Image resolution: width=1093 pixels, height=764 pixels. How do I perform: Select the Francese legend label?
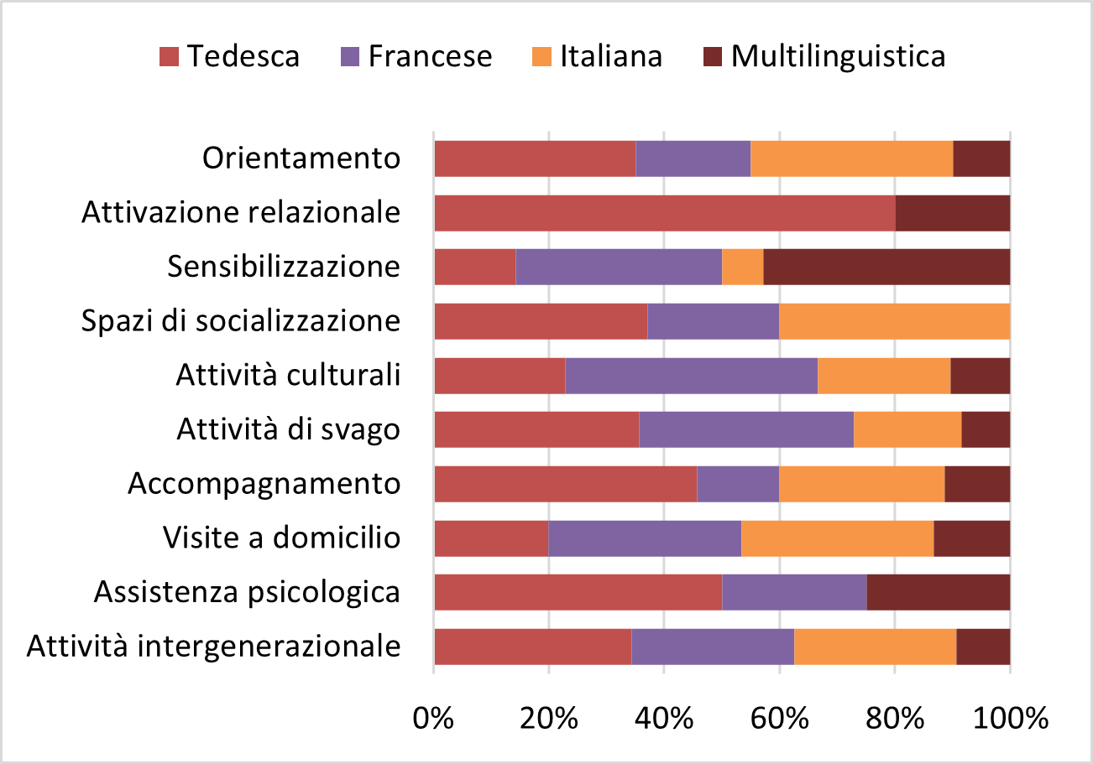[430, 56]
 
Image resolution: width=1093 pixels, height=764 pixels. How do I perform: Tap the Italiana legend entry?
[611, 56]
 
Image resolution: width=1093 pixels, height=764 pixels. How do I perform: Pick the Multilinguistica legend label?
[838, 56]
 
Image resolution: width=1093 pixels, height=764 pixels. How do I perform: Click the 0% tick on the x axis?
[434, 719]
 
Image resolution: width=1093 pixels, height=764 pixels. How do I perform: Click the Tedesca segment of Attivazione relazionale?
[664, 213]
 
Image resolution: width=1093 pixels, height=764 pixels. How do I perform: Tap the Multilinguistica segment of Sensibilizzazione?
[886, 267]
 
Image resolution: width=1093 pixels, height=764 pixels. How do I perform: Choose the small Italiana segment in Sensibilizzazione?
[742, 267]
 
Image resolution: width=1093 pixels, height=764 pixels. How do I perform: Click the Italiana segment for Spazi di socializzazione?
[894, 320]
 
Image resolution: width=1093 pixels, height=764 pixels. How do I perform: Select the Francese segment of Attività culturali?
[691, 375]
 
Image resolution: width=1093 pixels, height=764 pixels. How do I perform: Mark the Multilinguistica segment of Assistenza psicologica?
[938, 592]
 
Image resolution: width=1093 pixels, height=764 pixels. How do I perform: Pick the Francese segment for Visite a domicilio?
[645, 538]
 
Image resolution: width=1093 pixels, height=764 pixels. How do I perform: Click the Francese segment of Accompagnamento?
[738, 484]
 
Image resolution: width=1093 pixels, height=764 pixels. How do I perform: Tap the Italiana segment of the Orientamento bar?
[851, 159]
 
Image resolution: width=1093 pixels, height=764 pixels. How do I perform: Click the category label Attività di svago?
[288, 430]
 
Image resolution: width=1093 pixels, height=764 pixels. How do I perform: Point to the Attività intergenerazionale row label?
[213, 647]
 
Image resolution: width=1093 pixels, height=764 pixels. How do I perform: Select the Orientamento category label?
[301, 158]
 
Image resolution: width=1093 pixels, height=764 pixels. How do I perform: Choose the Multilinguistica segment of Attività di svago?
[986, 429]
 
